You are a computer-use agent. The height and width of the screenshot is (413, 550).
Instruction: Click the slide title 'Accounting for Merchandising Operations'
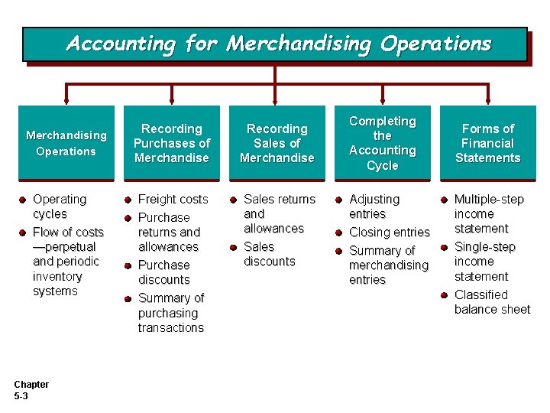(x=279, y=44)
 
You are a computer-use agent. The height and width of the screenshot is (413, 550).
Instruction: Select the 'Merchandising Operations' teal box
(x=66, y=143)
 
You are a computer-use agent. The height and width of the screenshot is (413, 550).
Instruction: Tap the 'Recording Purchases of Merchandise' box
(x=171, y=143)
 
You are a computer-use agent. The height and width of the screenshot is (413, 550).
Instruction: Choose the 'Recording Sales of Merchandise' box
(x=277, y=143)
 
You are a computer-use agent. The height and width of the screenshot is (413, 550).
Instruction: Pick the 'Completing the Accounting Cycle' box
(x=382, y=143)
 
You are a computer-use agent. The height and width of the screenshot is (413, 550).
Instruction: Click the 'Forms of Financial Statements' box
(x=487, y=143)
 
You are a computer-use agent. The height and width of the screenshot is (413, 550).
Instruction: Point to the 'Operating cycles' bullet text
(x=60, y=206)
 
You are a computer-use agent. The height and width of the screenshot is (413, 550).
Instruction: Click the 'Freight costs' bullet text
(x=173, y=199)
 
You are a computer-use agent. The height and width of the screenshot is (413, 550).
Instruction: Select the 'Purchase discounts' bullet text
(x=164, y=272)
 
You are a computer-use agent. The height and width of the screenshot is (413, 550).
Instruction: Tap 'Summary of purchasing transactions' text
(x=171, y=313)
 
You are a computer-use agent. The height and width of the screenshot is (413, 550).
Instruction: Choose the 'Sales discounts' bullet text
(x=269, y=254)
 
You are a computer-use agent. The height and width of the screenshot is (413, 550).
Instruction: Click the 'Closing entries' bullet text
(x=390, y=232)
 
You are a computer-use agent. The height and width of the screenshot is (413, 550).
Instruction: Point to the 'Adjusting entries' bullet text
(x=374, y=206)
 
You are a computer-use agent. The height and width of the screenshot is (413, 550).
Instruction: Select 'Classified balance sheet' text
(x=492, y=302)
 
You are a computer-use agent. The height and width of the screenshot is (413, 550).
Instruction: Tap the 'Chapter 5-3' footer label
(x=31, y=390)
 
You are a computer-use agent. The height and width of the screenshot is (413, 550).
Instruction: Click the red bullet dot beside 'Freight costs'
(x=129, y=200)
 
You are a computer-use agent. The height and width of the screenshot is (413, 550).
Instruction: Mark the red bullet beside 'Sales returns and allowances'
(x=234, y=200)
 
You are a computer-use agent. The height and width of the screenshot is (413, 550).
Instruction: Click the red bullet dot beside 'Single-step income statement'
(x=445, y=247)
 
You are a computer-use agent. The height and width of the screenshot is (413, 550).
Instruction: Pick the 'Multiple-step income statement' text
(x=489, y=214)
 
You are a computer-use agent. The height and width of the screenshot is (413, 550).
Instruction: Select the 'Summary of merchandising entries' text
(x=388, y=265)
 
